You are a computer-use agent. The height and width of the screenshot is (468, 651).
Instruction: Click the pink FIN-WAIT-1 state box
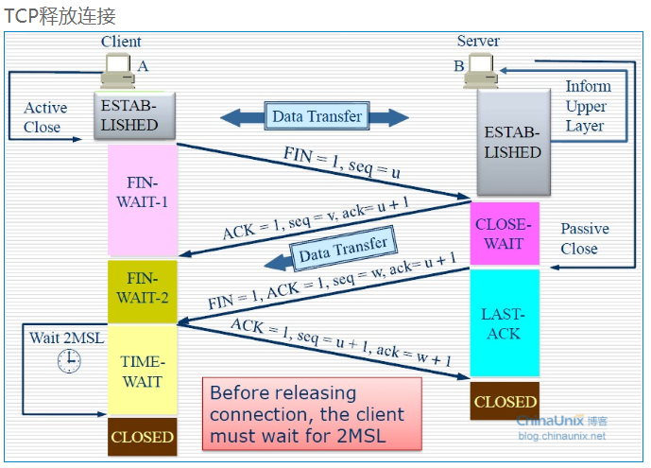pyautogui.click(x=143, y=199)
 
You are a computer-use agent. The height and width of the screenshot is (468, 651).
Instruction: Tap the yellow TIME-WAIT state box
pyautogui.click(x=143, y=371)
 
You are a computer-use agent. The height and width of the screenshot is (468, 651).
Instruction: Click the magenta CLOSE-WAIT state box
pyautogui.click(x=505, y=234)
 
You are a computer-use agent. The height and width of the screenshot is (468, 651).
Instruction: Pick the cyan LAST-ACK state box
pyautogui.click(x=505, y=323)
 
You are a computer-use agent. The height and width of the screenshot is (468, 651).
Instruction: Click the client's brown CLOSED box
pyautogui.click(x=143, y=437)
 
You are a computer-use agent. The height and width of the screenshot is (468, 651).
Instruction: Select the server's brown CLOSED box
pyautogui.click(x=505, y=401)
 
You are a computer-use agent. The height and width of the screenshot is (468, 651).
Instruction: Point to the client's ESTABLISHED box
pyautogui.click(x=134, y=115)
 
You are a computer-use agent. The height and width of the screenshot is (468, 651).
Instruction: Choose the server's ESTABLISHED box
pyautogui.click(x=512, y=142)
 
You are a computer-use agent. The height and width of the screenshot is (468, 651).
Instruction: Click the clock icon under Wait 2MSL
pyautogui.click(x=68, y=360)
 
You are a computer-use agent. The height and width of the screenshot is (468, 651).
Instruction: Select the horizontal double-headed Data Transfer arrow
pyautogui.click(x=315, y=117)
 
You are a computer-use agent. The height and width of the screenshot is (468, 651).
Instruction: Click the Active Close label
pyautogui.click(x=43, y=117)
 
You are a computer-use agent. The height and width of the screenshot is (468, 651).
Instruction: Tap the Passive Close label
pyautogui.click(x=584, y=239)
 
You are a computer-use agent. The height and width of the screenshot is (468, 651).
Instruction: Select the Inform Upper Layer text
pyautogui.click(x=586, y=106)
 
